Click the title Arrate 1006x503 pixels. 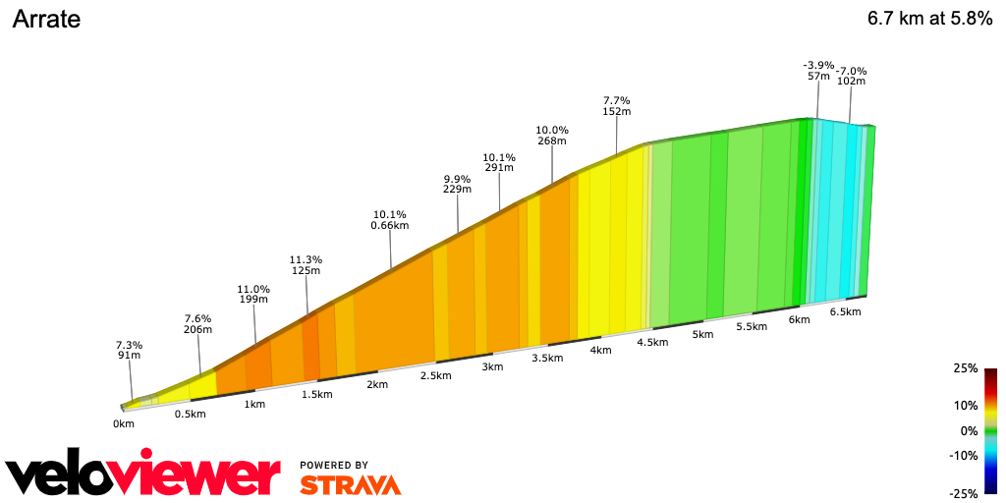pyautogui.click(x=46, y=20)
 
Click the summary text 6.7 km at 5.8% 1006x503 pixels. pyautogui.click(x=929, y=20)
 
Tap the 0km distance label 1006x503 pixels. pyautogui.click(x=123, y=423)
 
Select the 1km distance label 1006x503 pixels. pyautogui.click(x=254, y=404)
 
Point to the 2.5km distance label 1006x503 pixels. pyautogui.click(x=435, y=376)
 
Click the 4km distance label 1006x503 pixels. pyautogui.click(x=601, y=351)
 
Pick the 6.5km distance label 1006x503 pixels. pyautogui.click(x=845, y=312)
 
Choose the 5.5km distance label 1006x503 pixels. pyautogui.click(x=751, y=327)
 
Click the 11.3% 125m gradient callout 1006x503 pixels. pyautogui.click(x=306, y=265)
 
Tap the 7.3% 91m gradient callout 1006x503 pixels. pyautogui.click(x=129, y=351)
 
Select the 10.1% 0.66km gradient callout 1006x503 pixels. pyautogui.click(x=389, y=220)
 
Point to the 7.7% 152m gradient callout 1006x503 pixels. pyautogui.click(x=616, y=106)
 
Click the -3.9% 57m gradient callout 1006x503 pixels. pyautogui.click(x=818, y=71)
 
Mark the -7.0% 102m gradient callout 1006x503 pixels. pyautogui.click(x=851, y=77)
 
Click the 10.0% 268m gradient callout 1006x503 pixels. pyautogui.click(x=552, y=136)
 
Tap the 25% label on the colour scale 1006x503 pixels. pyautogui.click(x=966, y=368)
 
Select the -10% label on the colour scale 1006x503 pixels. pyautogui.click(x=964, y=455)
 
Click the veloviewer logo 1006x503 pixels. pyautogui.click(x=143, y=475)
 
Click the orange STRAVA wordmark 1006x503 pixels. pyautogui.click(x=350, y=484)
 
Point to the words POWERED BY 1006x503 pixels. pyautogui.click(x=334, y=465)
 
